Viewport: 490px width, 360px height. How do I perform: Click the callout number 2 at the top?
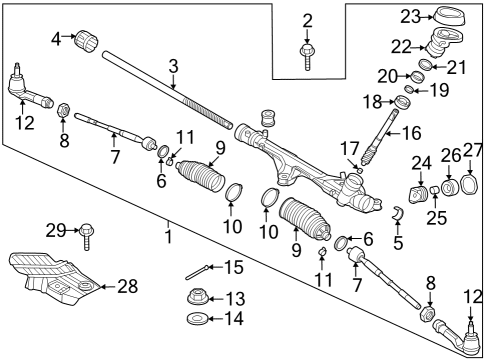pos(307,19)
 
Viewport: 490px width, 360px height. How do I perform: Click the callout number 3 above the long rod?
pos(173,68)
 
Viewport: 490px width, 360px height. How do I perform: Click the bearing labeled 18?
pos(404,103)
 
